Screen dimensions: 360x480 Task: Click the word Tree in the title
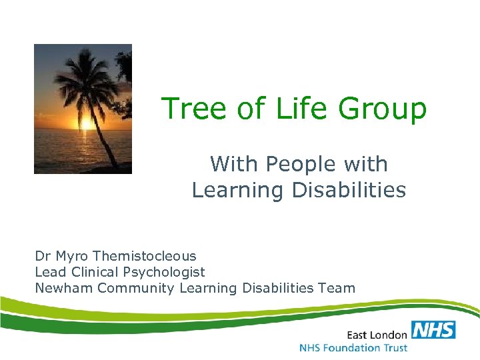(191, 109)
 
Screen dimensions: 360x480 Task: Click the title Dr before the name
(42, 256)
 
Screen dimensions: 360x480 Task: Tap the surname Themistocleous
(145, 256)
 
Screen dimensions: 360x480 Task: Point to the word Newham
(64, 288)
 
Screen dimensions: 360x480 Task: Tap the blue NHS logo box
(433, 330)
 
